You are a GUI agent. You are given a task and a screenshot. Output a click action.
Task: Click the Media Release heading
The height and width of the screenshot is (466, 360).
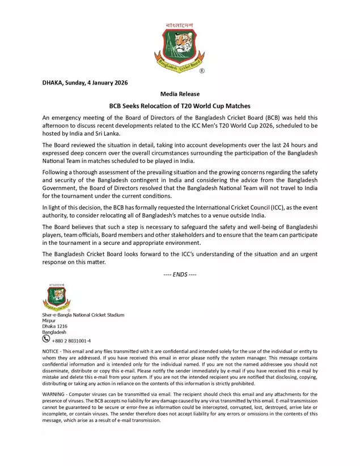point(180,94)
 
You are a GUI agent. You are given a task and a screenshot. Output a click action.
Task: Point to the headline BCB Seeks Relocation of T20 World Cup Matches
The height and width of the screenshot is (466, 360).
point(180,106)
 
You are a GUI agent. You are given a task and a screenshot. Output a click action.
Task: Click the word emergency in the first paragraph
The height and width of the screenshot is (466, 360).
point(69,117)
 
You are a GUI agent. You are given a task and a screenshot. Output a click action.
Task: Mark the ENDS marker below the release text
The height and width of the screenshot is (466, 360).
point(180,275)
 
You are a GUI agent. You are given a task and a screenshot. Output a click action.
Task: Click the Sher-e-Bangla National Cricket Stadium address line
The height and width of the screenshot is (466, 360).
point(83,315)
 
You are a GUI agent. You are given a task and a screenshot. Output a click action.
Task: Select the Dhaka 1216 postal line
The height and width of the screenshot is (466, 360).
point(55,327)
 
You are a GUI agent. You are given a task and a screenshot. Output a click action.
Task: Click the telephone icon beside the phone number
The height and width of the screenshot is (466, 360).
point(46,339)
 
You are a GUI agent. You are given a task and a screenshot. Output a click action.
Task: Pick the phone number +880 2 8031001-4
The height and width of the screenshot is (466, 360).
point(71,341)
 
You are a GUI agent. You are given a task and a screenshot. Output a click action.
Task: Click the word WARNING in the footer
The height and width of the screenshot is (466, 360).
point(54,393)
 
